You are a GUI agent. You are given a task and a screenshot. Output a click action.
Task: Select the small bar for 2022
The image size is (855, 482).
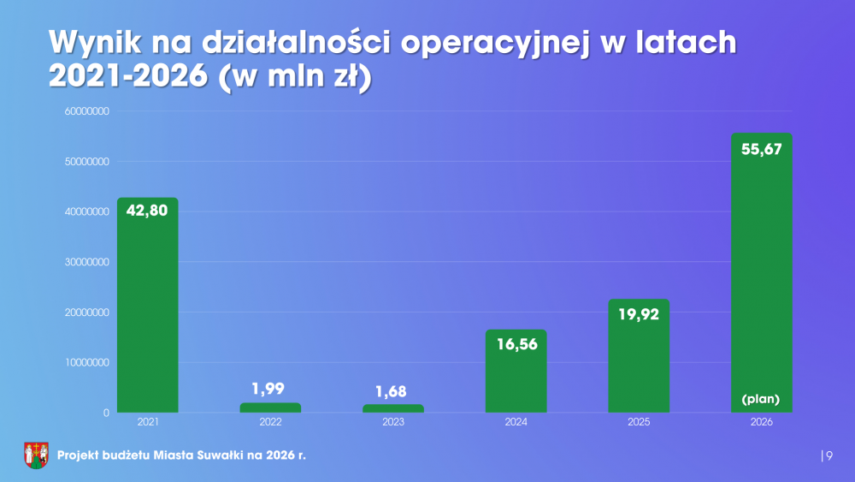coord(270,408)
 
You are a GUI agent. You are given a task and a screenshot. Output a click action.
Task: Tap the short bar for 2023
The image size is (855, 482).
coord(393,408)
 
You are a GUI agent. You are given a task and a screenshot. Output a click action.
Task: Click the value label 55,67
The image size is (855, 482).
coord(762,149)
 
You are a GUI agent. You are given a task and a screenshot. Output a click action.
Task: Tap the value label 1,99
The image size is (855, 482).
coord(270,389)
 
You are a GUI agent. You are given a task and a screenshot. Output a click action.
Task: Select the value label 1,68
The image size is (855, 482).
coord(393,390)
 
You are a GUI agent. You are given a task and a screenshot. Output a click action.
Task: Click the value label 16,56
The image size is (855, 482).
coord(516,344)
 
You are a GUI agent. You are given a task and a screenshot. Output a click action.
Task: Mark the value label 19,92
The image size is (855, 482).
coord(639,313)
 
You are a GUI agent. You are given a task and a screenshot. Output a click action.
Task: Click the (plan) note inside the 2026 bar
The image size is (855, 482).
coord(761,399)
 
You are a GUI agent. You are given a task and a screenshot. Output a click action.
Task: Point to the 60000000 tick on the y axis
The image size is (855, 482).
coord(85,111)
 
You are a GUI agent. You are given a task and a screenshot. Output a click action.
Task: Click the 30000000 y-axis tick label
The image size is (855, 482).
coord(85,262)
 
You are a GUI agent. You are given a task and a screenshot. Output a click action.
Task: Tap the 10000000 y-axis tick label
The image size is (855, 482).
coord(85,363)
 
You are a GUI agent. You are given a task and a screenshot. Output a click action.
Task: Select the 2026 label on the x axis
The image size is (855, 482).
coord(761,423)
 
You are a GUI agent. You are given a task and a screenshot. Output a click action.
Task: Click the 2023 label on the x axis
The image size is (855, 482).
coord(393,423)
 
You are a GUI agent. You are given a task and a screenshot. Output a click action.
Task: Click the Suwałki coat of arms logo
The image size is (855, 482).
coord(35,455)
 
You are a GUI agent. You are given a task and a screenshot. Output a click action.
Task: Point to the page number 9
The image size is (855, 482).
coord(828,455)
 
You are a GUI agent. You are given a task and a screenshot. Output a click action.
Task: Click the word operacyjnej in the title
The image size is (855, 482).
coord(496,43)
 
